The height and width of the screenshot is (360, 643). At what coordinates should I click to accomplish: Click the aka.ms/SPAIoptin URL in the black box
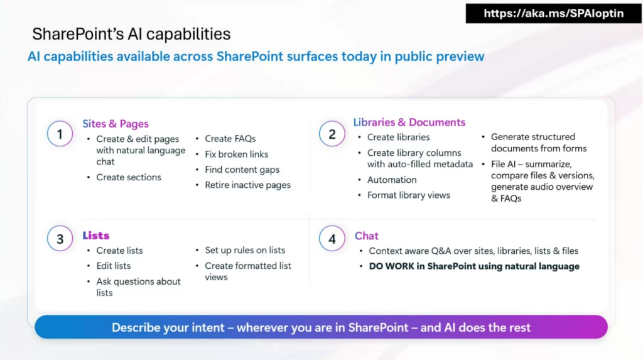[x=554, y=14]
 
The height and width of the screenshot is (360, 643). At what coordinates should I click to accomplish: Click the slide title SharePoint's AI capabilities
[x=131, y=34]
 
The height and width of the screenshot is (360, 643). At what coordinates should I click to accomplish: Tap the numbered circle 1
[x=60, y=134]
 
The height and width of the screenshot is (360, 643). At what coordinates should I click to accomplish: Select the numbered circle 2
[x=332, y=134]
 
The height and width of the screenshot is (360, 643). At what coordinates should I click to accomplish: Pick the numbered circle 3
[x=60, y=239]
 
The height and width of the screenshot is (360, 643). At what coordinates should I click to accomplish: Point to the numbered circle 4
[x=332, y=239]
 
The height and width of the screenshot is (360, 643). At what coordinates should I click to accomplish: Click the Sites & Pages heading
[x=116, y=124]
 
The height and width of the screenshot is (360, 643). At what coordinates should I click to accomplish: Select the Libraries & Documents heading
[x=409, y=123]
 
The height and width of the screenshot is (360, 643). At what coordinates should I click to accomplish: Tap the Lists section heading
[x=96, y=236]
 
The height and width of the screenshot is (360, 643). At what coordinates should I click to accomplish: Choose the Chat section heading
[x=367, y=236]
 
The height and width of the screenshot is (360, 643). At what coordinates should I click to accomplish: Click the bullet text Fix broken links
[x=237, y=155]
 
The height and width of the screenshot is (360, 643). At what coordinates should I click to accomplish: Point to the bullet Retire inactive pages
[x=247, y=185]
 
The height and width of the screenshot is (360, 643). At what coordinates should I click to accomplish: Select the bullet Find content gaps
[x=242, y=170]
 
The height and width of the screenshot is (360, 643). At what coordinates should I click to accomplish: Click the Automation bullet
[x=392, y=180]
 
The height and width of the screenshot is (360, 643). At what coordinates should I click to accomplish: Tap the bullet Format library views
[x=408, y=195]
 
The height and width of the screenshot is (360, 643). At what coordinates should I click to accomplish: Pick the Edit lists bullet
[x=114, y=266]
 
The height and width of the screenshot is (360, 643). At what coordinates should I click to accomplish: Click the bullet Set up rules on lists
[x=246, y=251]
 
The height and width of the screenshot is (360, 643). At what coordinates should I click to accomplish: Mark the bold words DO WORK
[x=391, y=266]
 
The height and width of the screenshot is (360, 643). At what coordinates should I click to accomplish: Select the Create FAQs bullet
[x=230, y=139]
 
